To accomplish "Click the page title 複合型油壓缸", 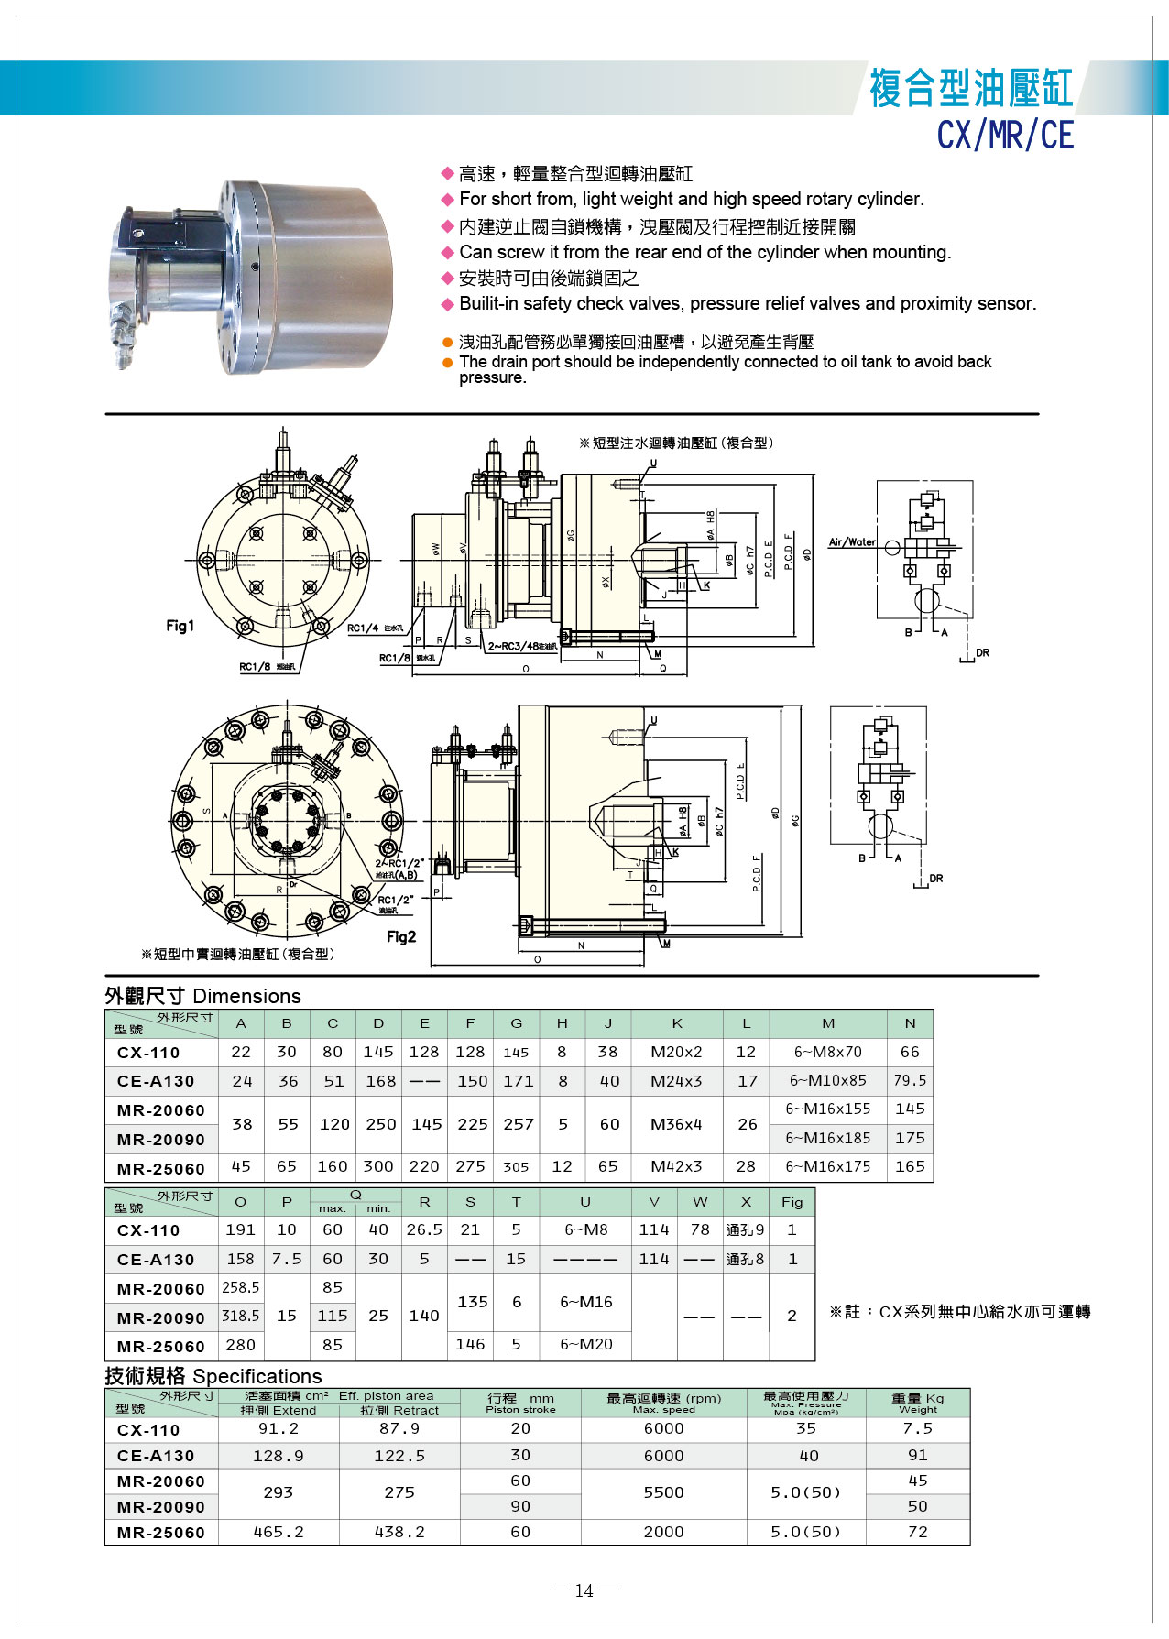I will pos(970,88).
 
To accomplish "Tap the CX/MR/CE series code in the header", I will pos(1004,136).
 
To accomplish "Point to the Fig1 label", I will pos(180,626).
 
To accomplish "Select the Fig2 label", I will pos(401,936).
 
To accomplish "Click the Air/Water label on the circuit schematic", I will pos(852,542).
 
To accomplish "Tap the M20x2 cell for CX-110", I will pos(676,1052).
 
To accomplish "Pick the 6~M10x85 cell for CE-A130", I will pos(827,1080).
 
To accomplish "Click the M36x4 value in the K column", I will pos(676,1124).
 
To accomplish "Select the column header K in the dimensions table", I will pos(676,1023).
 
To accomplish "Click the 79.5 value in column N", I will pos(910,1080).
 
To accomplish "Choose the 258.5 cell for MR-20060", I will pos(241,1287).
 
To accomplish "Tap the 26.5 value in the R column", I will pos(424,1229).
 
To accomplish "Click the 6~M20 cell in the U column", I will pos(585,1344).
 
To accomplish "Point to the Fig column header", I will pos(792,1202).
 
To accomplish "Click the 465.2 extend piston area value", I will pos(279,1532).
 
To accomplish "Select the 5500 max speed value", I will pos(663,1492).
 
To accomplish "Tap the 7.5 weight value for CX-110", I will pos(917,1428).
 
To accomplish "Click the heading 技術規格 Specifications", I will pos(213,1376).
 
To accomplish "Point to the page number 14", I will pos(584,1590).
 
